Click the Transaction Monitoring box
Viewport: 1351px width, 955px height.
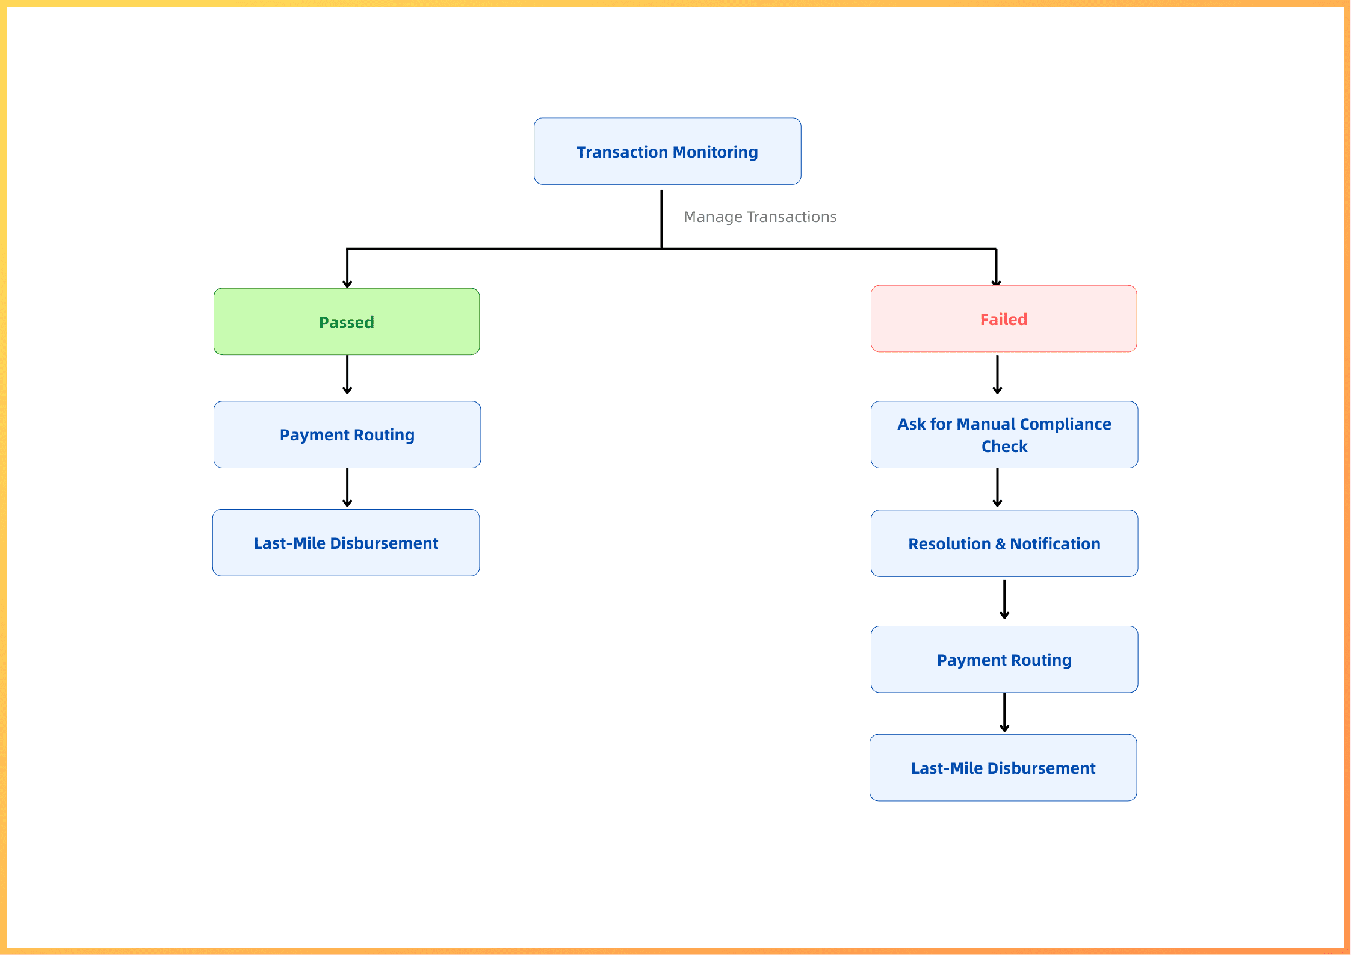667,151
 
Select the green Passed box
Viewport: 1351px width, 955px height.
347,321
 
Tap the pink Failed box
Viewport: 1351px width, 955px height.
1004,318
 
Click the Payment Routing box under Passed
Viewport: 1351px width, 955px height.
347,434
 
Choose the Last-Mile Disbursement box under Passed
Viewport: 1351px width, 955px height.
346,543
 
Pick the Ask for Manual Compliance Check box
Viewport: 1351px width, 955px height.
1004,434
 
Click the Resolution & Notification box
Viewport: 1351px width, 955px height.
1004,543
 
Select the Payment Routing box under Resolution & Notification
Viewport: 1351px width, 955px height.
1004,660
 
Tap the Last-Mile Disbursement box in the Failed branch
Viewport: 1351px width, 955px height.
1003,768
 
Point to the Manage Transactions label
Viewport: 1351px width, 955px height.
760,217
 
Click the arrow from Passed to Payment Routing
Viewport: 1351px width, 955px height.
347,374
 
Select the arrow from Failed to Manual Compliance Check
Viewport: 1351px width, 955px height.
997,374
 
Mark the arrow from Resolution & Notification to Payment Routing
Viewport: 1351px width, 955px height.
1004,599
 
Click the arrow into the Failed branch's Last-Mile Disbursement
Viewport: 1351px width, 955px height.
1004,712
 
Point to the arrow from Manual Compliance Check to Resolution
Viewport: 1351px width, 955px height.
997,487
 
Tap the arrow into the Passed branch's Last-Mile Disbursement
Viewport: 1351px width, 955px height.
347,487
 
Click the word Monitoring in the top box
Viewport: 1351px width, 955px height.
716,152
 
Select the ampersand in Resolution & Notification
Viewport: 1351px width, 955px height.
1000,544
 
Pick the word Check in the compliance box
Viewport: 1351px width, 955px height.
1004,447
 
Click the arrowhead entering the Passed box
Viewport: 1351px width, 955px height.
347,284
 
